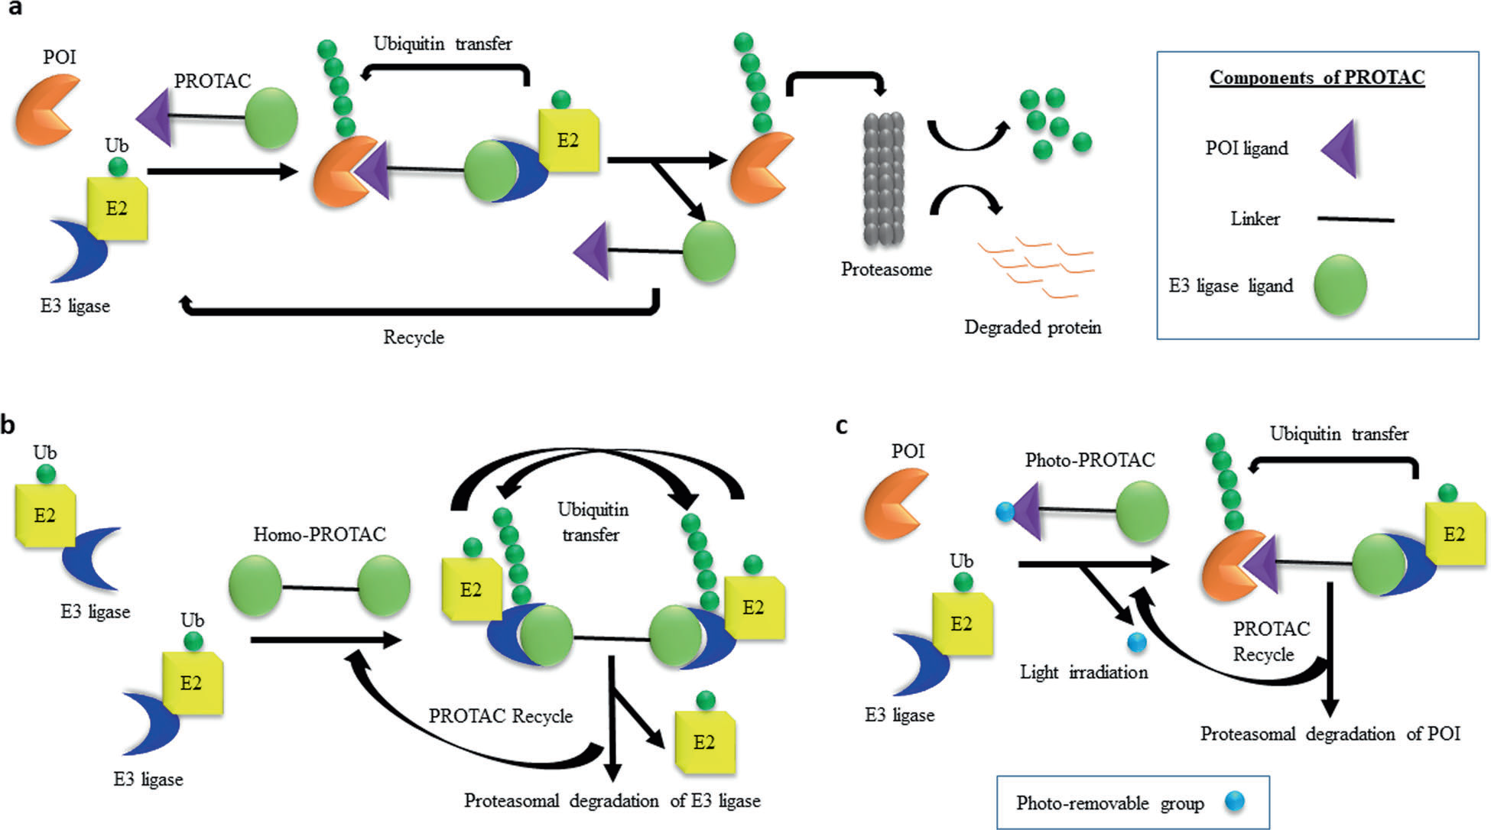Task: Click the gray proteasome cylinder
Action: tap(884, 180)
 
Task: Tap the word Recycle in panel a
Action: tap(414, 337)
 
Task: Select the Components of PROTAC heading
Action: tap(1317, 78)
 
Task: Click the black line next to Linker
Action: tap(1355, 219)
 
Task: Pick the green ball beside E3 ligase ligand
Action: tap(1340, 285)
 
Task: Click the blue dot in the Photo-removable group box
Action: tap(1234, 801)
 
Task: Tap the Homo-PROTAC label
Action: tap(320, 534)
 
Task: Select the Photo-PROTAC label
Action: tap(1090, 460)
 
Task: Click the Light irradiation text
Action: tap(1083, 673)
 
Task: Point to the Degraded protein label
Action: tap(1032, 328)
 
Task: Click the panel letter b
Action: tap(8, 425)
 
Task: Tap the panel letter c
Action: tap(842, 426)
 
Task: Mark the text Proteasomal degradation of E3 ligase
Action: tap(612, 801)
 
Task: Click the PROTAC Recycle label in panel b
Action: tap(500, 716)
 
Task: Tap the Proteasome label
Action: tap(886, 269)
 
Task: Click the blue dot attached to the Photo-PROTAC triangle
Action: tap(1005, 511)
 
